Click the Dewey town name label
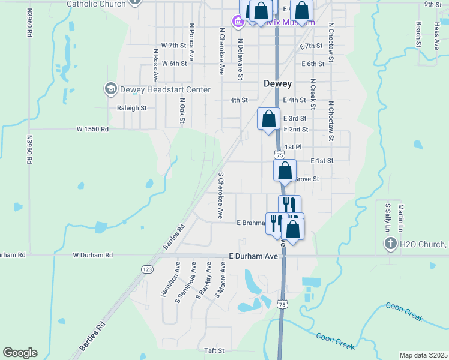coord(277,84)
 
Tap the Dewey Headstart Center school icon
coord(110,89)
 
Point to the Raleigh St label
coord(131,109)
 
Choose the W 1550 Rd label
coord(92,129)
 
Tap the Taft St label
coord(214,350)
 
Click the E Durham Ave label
coord(253,256)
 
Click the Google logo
coord(20,353)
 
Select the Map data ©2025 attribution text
coord(423,356)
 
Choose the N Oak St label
coord(182,112)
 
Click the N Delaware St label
coord(240,59)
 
